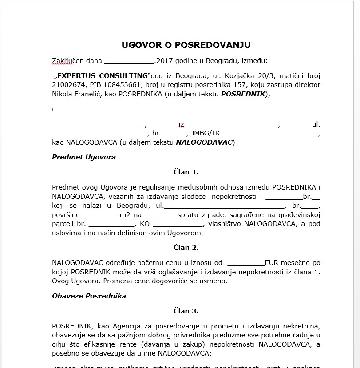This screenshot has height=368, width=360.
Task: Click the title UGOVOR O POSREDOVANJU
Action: point(186,45)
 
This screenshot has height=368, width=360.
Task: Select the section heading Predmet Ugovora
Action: point(84,157)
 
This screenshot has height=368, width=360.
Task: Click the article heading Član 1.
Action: point(186,172)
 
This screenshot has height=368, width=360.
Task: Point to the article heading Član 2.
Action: point(186,247)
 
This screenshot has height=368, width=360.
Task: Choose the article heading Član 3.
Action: point(186,311)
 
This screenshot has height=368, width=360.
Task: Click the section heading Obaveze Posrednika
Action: point(89,296)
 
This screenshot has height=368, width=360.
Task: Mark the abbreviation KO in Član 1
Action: point(145,224)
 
